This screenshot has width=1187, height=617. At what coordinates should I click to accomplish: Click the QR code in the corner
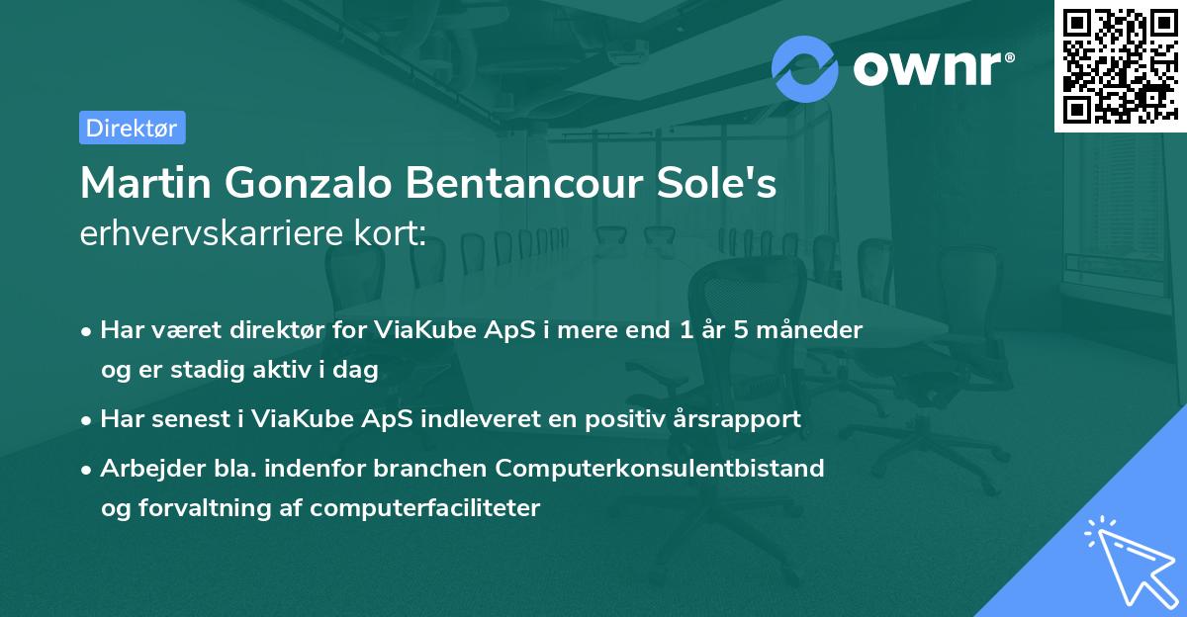1120,65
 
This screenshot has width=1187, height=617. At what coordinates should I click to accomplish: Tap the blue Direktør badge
132,128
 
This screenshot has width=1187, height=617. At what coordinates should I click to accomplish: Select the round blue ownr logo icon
805,68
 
